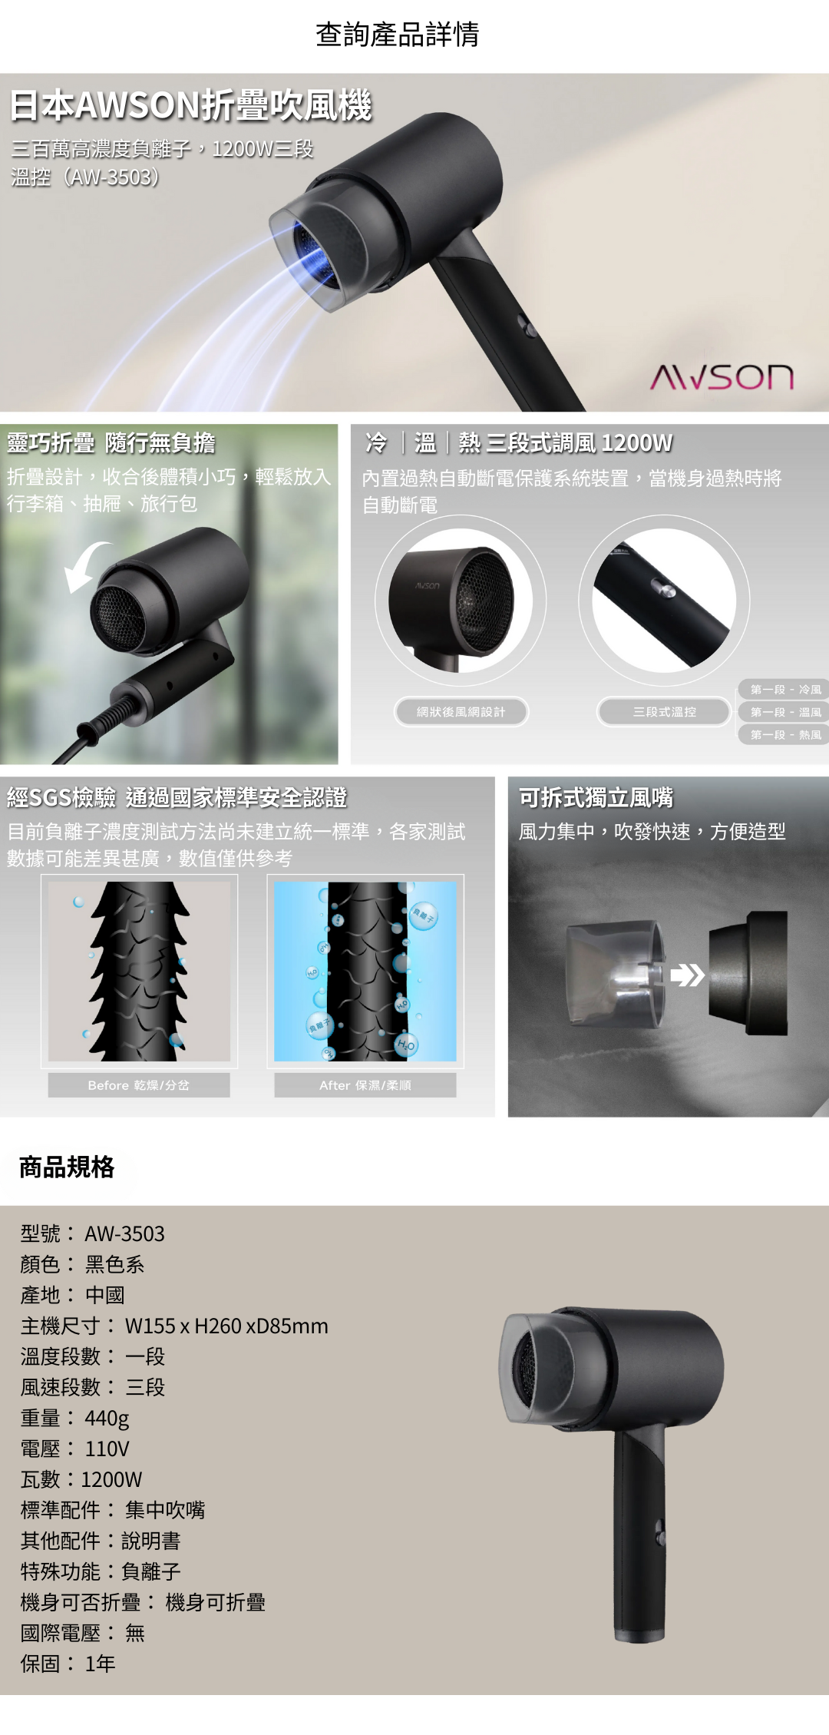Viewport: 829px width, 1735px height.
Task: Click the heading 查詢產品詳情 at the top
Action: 397,35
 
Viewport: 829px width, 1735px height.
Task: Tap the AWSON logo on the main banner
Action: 722,377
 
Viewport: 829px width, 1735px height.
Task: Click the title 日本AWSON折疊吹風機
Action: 190,105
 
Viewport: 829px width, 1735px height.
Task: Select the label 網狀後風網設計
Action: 461,712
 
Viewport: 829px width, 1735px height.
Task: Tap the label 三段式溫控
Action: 664,712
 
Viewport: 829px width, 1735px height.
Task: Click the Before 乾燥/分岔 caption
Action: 139,1085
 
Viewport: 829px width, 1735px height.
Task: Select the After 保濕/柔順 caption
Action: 365,1085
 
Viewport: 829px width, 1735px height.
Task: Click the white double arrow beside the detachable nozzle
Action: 687,975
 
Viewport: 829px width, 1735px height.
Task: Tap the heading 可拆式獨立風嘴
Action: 596,798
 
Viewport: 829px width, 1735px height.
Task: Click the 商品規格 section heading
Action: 67,1167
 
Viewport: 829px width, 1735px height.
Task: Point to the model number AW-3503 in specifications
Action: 124,1234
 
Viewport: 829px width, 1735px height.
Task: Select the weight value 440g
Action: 107,1418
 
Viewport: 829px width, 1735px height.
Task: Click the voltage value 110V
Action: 107,1449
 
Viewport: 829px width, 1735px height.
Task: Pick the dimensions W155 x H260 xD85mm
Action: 226,1326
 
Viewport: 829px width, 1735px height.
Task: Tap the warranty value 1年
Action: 100,1664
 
